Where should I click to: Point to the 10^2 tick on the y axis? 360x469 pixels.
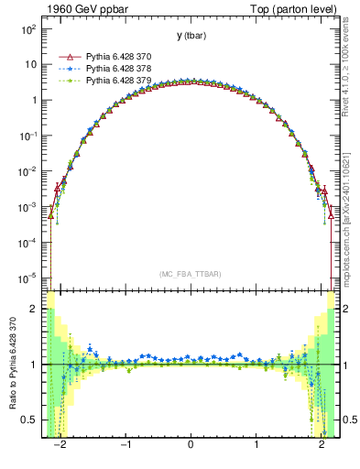point(27,29)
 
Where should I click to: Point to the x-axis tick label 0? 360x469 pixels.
point(190,448)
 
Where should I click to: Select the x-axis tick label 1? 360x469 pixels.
point(256,448)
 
